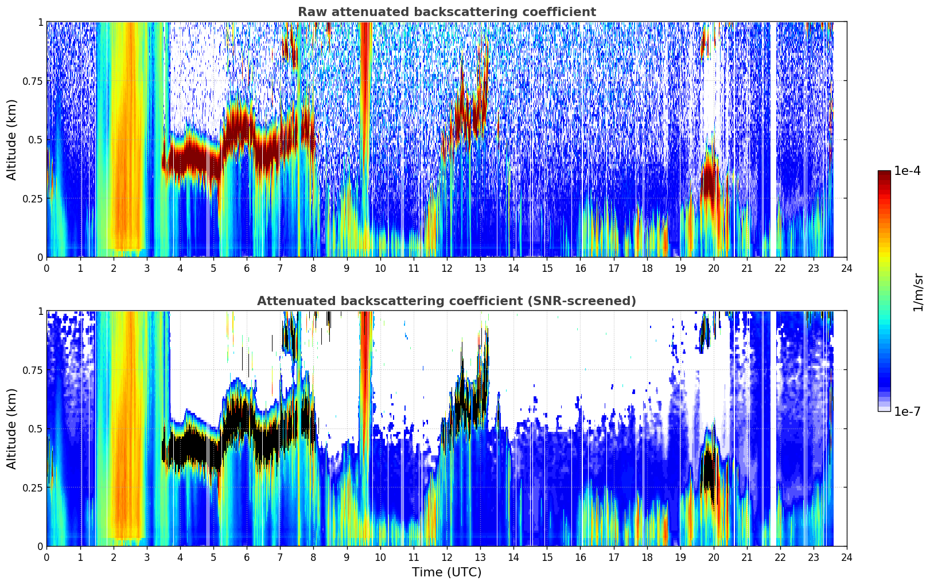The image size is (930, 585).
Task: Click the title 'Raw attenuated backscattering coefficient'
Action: pyautogui.click(x=447, y=12)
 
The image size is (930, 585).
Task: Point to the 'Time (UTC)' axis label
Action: pyautogui.click(x=447, y=572)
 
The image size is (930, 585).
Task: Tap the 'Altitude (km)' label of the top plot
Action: pyautogui.click(x=11, y=139)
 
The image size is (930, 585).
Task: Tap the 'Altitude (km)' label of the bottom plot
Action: pyautogui.click(x=11, y=428)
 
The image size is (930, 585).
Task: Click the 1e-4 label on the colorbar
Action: pyautogui.click(x=908, y=171)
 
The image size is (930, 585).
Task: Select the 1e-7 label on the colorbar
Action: pyautogui.click(x=908, y=412)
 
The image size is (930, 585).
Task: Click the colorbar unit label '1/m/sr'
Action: pyautogui.click(x=918, y=292)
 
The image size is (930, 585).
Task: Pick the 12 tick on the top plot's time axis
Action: pyautogui.click(x=447, y=268)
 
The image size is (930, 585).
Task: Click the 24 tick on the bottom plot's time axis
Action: pyautogui.click(x=847, y=557)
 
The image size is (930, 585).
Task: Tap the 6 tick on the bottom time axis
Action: pyautogui.click(x=247, y=557)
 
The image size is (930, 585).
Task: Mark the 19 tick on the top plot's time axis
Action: pyautogui.click(x=680, y=268)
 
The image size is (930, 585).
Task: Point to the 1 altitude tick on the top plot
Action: pyautogui.click(x=40, y=22)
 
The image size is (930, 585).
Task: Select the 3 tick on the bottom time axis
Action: pyautogui.click(x=146, y=557)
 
